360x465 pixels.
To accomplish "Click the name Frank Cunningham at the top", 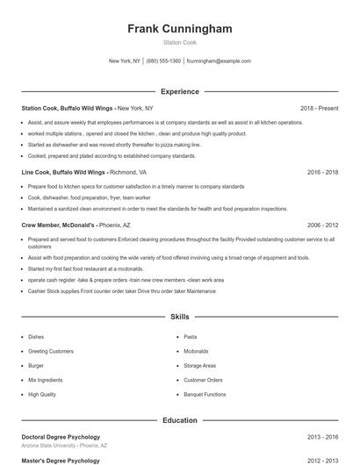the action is click(180, 29).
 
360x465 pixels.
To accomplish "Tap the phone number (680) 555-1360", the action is click(163, 61).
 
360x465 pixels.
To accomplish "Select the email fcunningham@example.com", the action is click(219, 61).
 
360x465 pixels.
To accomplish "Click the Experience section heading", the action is click(180, 91).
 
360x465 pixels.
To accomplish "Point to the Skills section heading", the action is click(180, 316).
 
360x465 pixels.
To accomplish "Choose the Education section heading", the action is click(180, 420).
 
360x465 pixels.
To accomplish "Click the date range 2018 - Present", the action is click(319, 108).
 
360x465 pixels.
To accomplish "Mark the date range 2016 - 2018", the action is click(322, 173).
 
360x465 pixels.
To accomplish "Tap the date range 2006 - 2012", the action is click(322, 225).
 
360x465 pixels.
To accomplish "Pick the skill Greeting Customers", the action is click(51, 351).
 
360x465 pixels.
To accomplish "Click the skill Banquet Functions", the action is click(205, 395).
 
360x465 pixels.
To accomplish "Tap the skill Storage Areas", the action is click(199, 365).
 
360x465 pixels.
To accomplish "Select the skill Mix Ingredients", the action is click(46, 380).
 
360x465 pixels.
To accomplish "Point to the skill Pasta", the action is click(190, 336).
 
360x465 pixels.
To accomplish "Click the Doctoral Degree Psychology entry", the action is click(61, 437).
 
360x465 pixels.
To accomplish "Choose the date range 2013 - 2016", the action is click(322, 437).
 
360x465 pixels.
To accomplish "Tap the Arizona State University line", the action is click(64, 446).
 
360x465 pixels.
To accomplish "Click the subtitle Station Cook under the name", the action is click(180, 43).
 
